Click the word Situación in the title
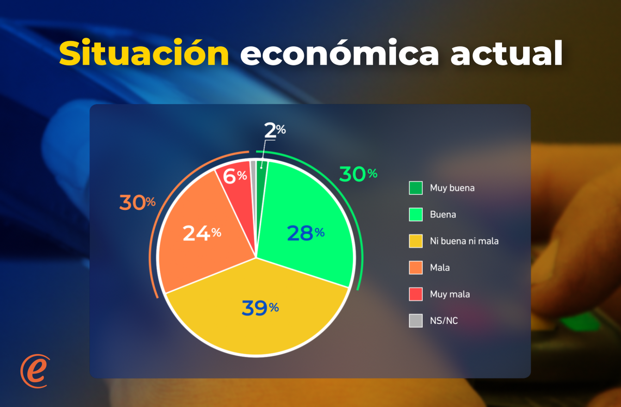point(144,53)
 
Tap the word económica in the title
point(339,53)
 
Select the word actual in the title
point(507,53)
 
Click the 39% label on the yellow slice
point(260,308)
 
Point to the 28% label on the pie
point(306,233)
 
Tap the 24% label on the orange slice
point(202,233)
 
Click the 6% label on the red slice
point(234,176)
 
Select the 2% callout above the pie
point(275,130)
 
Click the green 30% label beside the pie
point(358,174)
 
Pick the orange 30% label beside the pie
point(137,202)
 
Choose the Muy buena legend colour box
point(416,188)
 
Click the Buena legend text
point(443,215)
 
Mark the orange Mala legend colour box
point(416,268)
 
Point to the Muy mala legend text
point(450,294)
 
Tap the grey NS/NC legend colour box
point(416,321)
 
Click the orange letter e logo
point(35,371)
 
